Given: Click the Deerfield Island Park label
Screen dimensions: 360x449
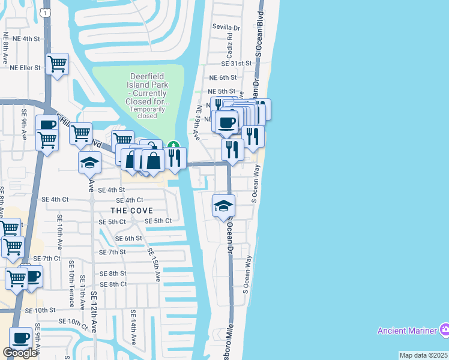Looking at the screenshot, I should pyautogui.click(x=150, y=90).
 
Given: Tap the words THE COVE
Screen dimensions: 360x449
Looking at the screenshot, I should pyautogui.click(x=131, y=211).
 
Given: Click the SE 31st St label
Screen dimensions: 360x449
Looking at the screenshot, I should pyautogui.click(x=236, y=63).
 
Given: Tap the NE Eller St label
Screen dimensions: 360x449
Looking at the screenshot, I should pyautogui.click(x=25, y=68).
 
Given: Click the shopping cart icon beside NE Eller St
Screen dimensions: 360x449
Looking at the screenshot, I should pyautogui.click(x=57, y=63).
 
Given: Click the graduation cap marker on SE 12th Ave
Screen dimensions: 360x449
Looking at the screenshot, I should pyautogui.click(x=89, y=162).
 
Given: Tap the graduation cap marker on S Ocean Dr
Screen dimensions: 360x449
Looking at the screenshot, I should pyautogui.click(x=223, y=206).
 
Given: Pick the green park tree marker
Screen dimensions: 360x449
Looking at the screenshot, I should pyautogui.click(x=173, y=145).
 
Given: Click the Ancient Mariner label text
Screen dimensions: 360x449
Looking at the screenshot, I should pyautogui.click(x=407, y=331).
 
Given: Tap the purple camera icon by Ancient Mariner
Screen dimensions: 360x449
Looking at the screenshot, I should pyautogui.click(x=444, y=329).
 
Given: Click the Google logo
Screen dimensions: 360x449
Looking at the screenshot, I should pyautogui.click(x=20, y=353).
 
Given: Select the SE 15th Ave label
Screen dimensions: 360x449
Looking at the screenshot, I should pyautogui.click(x=154, y=265).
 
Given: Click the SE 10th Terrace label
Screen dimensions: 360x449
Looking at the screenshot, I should pyautogui.click(x=71, y=284).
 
